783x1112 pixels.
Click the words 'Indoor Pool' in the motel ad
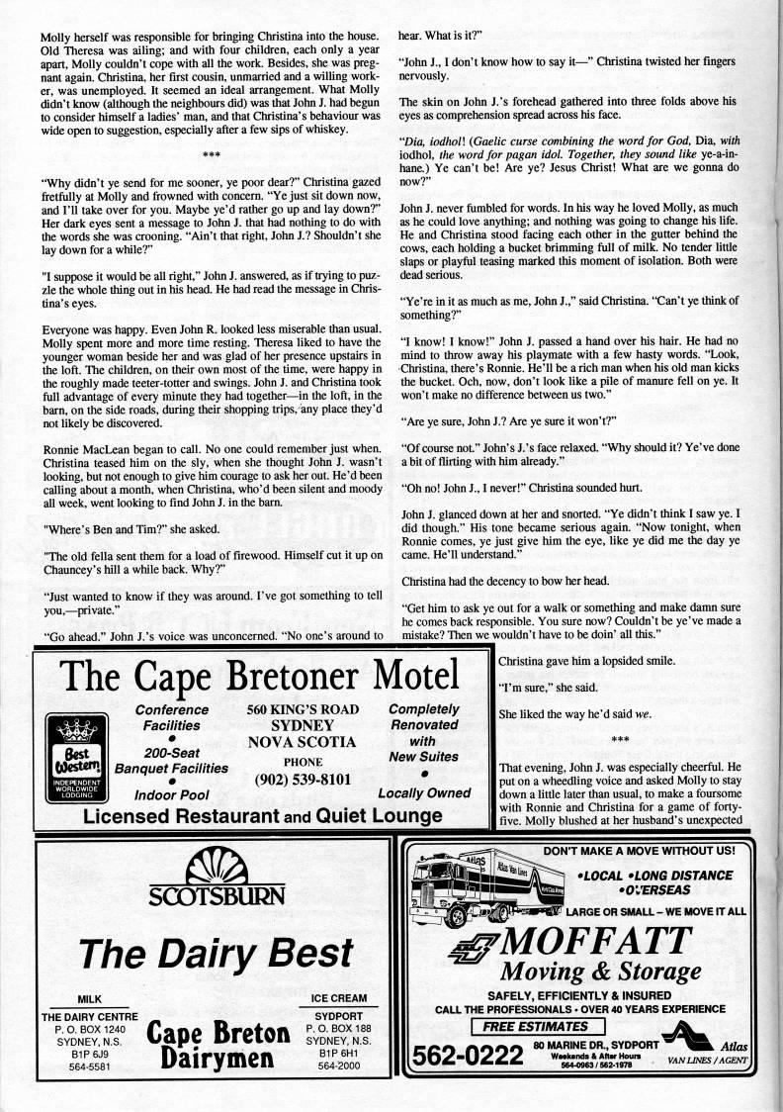coord(170,794)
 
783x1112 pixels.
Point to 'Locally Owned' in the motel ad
coord(424,793)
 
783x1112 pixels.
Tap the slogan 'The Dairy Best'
coord(217,952)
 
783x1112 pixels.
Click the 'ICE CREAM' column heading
coord(339,998)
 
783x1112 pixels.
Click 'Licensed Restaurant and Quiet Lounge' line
coord(262,816)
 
